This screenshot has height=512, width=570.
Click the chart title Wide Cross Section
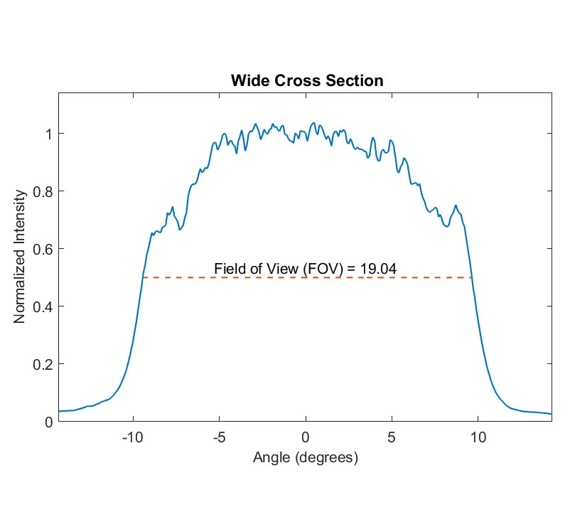click(x=306, y=80)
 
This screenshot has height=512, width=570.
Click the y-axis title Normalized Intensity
click(x=20, y=257)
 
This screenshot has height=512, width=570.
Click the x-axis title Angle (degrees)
click(x=306, y=457)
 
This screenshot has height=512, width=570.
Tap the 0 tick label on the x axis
click(x=306, y=437)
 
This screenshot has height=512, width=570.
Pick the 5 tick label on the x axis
click(x=392, y=437)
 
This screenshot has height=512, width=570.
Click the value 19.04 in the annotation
click(x=377, y=268)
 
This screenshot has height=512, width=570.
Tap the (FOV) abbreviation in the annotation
click(x=316, y=268)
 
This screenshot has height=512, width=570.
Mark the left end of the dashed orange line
click(x=142, y=277)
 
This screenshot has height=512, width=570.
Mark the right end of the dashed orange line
click(x=472, y=277)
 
